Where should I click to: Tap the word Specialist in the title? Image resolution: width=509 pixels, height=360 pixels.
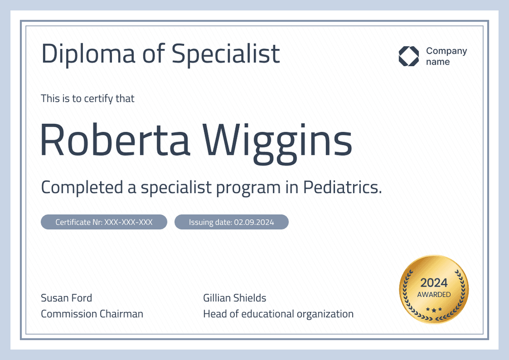coord(225,54)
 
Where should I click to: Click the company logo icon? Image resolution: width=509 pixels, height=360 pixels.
coord(408,56)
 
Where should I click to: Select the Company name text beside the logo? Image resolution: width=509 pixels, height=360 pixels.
coord(446,56)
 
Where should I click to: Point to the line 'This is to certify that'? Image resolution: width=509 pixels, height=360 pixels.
coord(88,98)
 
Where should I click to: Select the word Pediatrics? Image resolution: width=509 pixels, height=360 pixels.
coord(342,187)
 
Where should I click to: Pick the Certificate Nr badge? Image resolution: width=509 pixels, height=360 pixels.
coord(104,222)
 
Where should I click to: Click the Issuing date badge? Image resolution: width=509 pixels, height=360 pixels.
coord(232,222)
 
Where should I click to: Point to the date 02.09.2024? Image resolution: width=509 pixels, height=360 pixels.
coord(254,222)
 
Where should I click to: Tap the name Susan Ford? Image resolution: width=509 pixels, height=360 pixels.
coord(66,298)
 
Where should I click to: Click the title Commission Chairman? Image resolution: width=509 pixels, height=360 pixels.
coord(92,314)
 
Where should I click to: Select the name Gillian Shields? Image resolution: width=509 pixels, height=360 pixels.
coord(235,298)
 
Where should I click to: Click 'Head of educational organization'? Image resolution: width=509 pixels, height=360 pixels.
coord(278,314)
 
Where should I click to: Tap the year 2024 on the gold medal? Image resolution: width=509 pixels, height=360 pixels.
coord(434,283)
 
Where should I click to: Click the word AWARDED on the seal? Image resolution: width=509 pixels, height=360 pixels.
coord(434,295)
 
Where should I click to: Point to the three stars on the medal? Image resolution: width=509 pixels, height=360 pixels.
coord(434,309)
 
